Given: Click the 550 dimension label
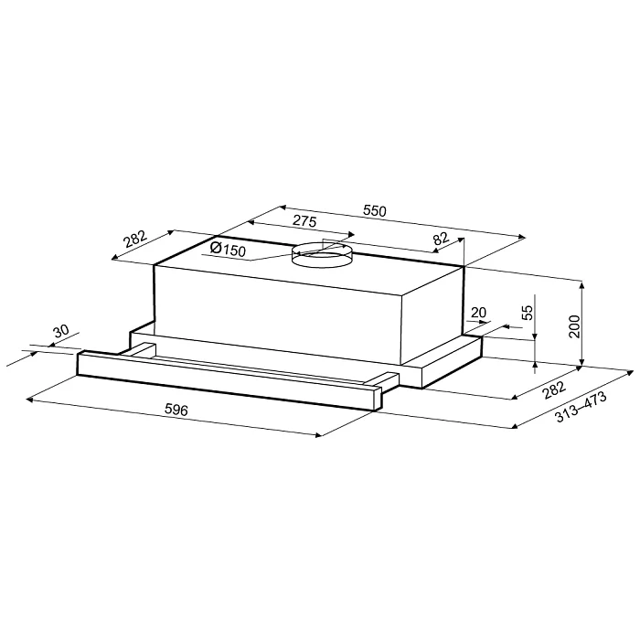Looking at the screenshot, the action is point(374,210).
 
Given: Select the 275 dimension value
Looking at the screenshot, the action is point(304,221).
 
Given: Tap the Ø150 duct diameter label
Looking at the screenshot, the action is point(228,249).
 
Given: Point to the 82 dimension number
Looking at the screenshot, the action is point(441,239).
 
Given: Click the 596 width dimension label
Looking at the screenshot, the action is point(176,410).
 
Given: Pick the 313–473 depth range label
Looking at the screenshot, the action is point(581,407).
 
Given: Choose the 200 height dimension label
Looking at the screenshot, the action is point(574,326).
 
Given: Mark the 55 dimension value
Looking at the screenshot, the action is point(528,313).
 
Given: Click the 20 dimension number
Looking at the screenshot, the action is point(478,313).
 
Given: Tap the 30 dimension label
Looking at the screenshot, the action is point(61,331).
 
